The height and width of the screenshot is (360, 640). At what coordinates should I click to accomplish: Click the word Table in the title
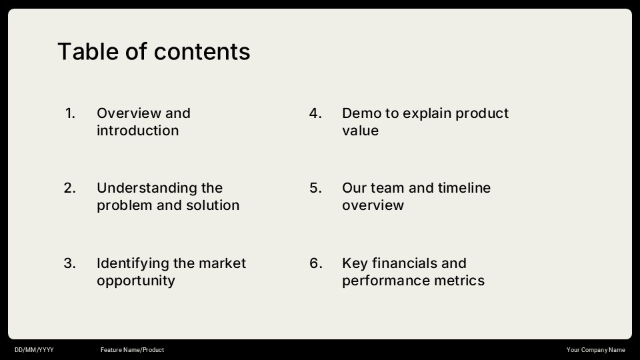88,51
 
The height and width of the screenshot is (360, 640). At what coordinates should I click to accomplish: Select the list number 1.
70,113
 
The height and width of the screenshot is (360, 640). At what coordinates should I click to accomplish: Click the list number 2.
70,188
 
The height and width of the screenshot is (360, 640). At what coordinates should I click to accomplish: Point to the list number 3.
70,263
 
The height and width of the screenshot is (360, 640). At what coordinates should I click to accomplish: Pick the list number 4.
315,113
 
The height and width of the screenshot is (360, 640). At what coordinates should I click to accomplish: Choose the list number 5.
315,188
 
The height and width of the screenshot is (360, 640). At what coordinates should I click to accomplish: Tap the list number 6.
316,263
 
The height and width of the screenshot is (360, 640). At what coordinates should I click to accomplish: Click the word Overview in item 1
129,113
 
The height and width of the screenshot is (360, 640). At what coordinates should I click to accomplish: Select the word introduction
137,131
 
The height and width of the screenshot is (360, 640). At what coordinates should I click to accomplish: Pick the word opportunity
136,281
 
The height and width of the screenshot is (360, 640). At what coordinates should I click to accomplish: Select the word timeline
464,188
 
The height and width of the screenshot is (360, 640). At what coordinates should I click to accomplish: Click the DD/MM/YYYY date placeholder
34,350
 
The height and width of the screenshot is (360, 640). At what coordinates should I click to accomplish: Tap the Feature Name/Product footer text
132,350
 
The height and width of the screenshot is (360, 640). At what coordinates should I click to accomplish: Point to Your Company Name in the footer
595,350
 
